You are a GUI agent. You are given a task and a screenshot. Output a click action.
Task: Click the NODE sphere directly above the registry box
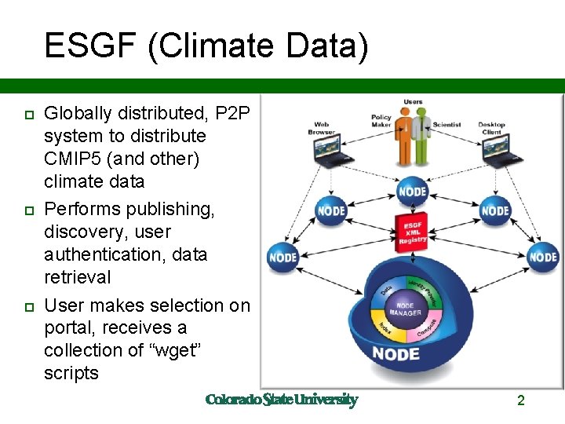coord(413,191)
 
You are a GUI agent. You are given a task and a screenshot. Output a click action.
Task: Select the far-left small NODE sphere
coord(283,256)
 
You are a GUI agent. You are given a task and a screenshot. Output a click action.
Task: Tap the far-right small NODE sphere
coord(542,256)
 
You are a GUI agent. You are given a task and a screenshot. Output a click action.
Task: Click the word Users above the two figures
coord(413,102)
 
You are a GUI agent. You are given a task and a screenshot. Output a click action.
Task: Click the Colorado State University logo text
coord(281,400)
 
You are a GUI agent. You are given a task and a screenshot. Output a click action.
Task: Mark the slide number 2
coord(520,400)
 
